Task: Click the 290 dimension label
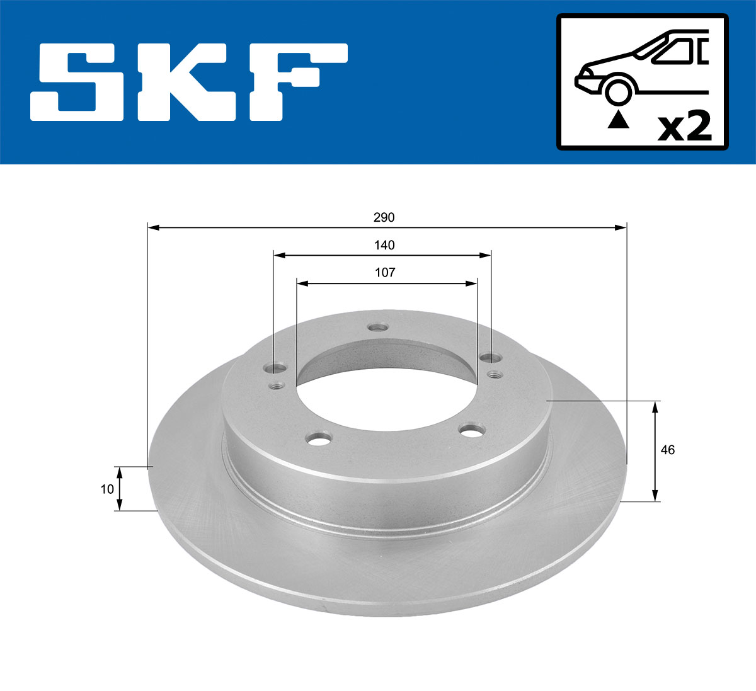384,218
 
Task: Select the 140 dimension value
384,245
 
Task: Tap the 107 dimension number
385,272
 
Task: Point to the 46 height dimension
668,450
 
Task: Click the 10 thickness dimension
107,488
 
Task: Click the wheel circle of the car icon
618,91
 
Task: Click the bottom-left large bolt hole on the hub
319,437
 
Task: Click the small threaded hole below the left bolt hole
275,385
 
